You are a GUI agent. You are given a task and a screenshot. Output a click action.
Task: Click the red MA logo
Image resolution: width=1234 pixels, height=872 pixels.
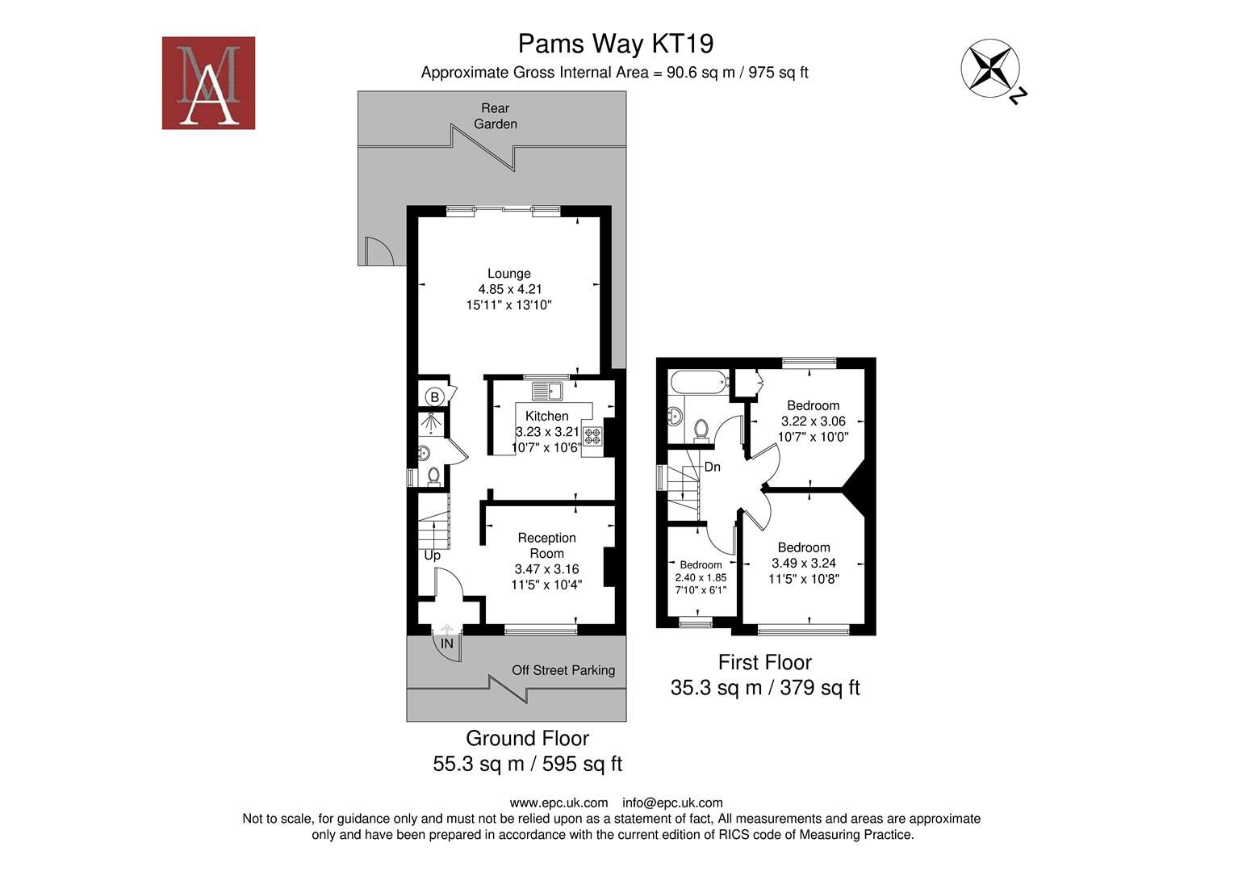(208, 82)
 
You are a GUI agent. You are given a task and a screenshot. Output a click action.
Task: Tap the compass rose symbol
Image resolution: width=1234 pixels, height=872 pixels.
(989, 68)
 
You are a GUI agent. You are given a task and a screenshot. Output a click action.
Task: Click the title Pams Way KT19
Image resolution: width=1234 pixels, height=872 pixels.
(615, 43)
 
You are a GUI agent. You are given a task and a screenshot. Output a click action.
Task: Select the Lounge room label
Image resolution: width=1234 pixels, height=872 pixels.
(508, 274)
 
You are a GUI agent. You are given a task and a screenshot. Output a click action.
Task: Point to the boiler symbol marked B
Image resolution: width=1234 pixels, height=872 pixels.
(434, 396)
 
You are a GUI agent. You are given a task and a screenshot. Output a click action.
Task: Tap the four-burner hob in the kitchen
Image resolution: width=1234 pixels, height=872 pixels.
(592, 436)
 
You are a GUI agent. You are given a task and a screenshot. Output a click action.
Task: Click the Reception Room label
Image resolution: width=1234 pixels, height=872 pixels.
(546, 546)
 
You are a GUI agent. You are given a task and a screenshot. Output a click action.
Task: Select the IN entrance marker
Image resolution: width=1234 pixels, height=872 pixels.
(446, 644)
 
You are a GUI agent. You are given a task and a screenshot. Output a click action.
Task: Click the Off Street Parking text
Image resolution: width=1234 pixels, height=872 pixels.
(563, 670)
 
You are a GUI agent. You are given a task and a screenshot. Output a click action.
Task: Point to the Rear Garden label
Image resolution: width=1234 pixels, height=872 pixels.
(495, 115)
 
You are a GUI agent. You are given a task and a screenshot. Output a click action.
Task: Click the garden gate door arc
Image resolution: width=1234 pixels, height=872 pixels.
(378, 252)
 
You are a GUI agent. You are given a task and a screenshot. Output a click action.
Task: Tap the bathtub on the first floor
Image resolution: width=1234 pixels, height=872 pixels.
(698, 383)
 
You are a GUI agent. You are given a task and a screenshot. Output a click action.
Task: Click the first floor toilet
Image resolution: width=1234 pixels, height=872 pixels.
(701, 429)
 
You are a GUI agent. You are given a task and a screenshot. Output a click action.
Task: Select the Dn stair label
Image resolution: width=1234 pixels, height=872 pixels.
(712, 467)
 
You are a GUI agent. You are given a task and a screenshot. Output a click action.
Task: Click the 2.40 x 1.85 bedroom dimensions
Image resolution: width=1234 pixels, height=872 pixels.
(701, 577)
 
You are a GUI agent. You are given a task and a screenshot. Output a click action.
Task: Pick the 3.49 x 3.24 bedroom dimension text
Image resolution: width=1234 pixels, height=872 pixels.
(803, 564)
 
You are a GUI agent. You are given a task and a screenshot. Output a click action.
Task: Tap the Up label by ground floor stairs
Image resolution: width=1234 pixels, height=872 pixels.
(432, 555)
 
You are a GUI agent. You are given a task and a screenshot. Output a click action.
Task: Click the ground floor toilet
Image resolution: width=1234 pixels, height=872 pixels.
(433, 476)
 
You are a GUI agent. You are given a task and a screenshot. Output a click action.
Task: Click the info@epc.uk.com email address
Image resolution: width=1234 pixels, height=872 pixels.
(672, 803)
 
